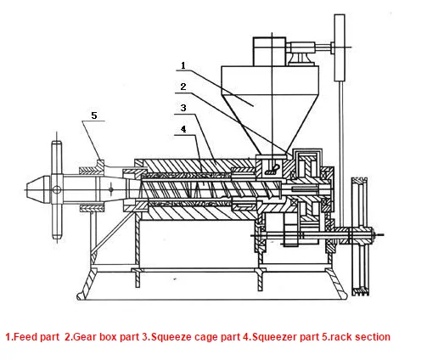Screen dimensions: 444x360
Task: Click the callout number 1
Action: tap(183, 65)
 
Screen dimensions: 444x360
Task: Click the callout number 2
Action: tap(183, 87)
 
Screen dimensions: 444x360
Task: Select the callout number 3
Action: tap(183, 108)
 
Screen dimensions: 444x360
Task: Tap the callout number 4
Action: tap(183, 129)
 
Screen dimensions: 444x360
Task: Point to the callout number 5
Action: tap(94, 115)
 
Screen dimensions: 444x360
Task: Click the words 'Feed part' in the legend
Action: tap(37, 337)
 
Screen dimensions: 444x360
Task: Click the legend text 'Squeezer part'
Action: tap(285, 337)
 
